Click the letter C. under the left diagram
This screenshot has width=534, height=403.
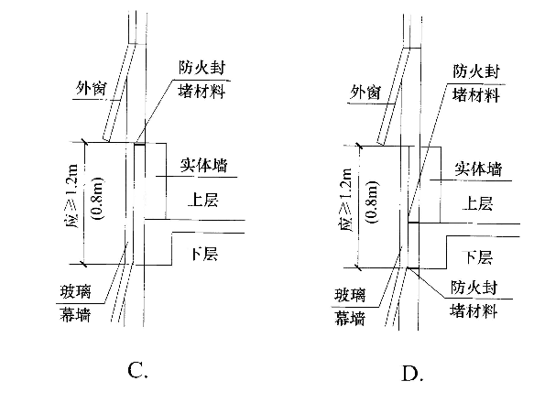coord(137,370)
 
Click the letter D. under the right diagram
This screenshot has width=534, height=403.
coord(412,374)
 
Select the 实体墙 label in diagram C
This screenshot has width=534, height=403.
coord(203,166)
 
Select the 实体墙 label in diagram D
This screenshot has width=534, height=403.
coord(478,169)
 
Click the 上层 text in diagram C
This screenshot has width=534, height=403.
coord(203,200)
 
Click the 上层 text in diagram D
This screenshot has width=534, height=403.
coord(477,203)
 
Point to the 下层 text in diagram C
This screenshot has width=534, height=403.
coord(204,254)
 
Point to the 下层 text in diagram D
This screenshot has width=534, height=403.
coord(478,257)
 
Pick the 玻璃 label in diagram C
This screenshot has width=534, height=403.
coord(75,292)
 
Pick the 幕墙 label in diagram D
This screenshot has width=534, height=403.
coord(350,319)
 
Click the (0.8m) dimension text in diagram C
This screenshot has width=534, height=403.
coord(96,199)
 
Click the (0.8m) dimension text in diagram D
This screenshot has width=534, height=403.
coord(371,202)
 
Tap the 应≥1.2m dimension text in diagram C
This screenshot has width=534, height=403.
coord(72,197)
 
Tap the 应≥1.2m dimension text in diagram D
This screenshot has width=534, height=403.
coord(347,201)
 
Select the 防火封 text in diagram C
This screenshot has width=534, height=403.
coord(202,68)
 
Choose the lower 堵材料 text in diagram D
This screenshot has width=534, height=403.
coord(474,310)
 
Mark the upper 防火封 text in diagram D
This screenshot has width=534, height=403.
coord(476,71)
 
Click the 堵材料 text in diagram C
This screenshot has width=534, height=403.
coord(202,91)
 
